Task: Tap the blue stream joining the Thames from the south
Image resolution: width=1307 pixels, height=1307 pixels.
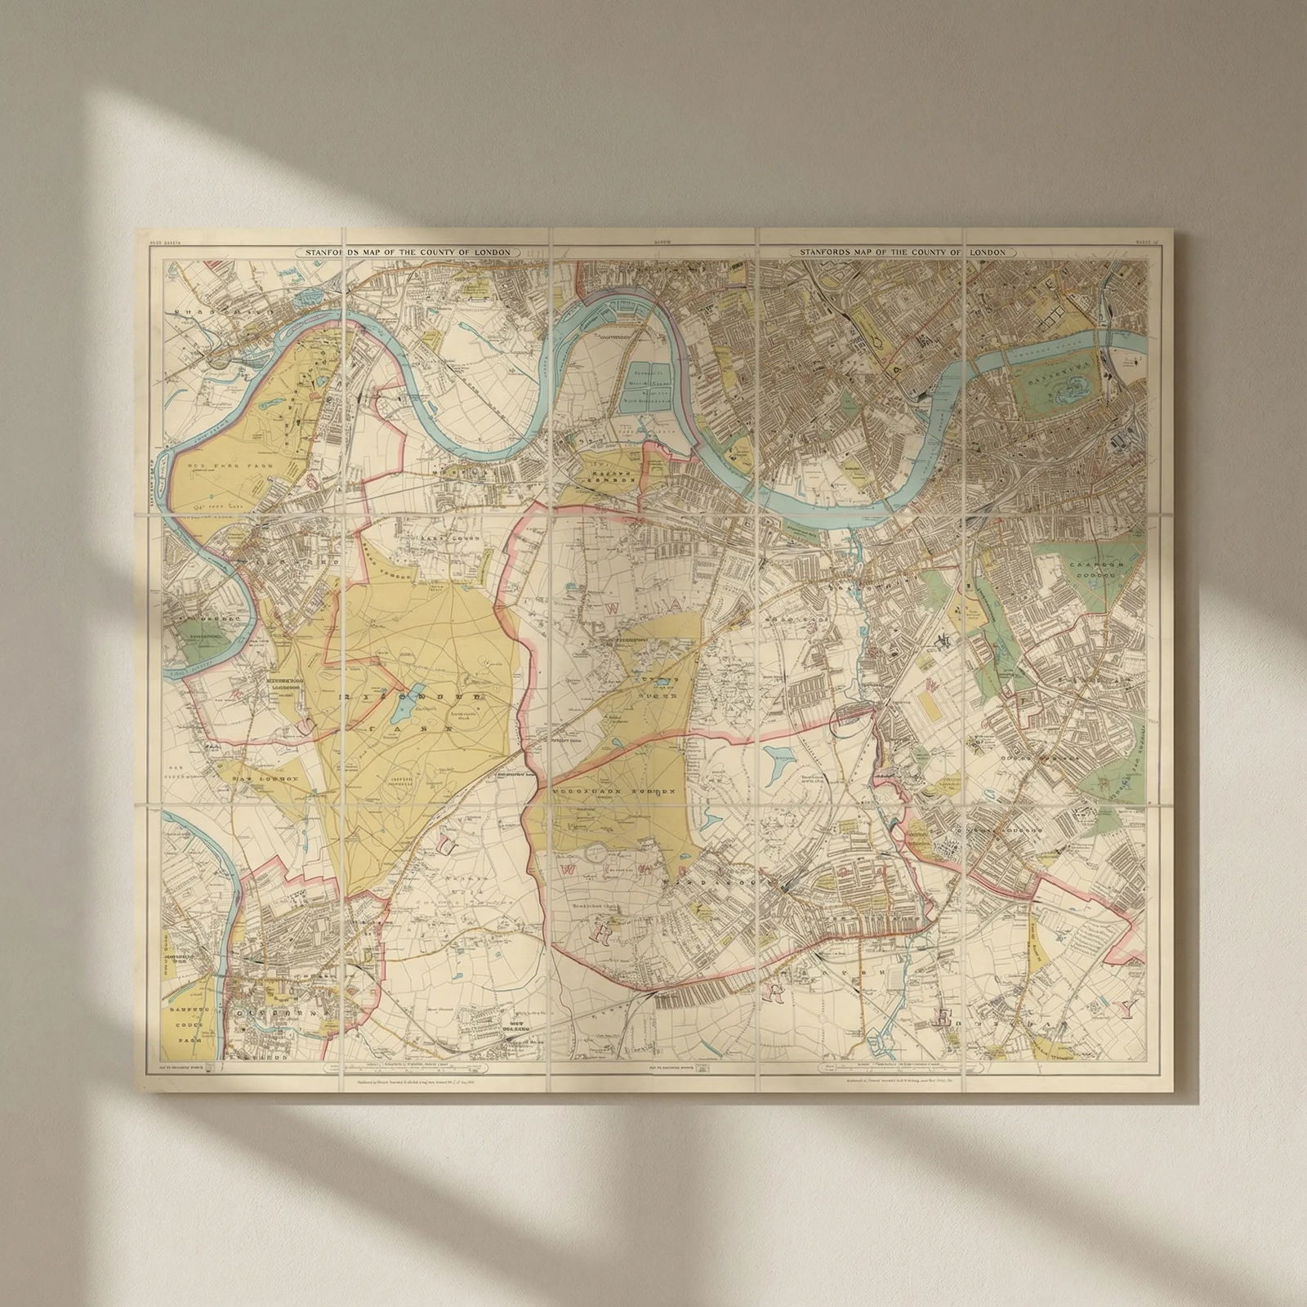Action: click(x=856, y=547)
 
